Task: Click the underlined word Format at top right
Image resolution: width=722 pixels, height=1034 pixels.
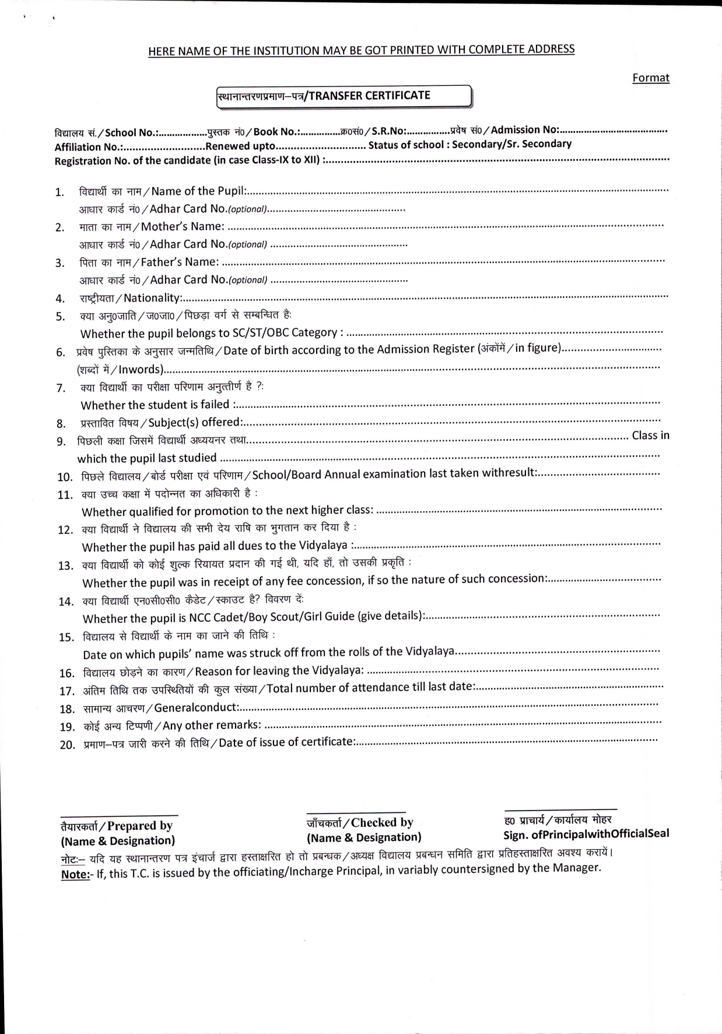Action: coord(651,78)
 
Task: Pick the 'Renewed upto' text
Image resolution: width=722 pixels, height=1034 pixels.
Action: coord(240,146)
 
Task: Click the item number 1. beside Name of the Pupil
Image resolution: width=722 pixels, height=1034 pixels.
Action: coord(59,192)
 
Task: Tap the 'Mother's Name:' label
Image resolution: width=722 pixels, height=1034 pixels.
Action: coord(183,226)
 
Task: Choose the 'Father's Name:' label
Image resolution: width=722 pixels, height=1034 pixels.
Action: coord(180,262)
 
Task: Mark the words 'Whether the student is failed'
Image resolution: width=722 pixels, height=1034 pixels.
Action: coord(155,405)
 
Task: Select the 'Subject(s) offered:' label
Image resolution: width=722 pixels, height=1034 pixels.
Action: coord(196,422)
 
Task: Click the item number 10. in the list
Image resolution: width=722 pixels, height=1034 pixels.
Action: coord(64,477)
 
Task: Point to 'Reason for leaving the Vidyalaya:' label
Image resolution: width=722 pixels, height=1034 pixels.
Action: coord(279,670)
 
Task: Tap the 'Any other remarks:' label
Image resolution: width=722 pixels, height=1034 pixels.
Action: coord(212,725)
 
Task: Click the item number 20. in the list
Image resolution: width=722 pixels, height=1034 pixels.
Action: coord(67,745)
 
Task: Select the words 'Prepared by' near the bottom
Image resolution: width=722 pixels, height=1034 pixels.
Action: coord(140,826)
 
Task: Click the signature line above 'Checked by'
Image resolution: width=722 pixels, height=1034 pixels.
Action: coord(356,812)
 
